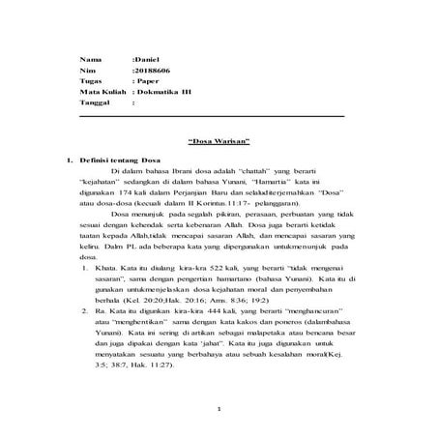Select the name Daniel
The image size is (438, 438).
(145, 60)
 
